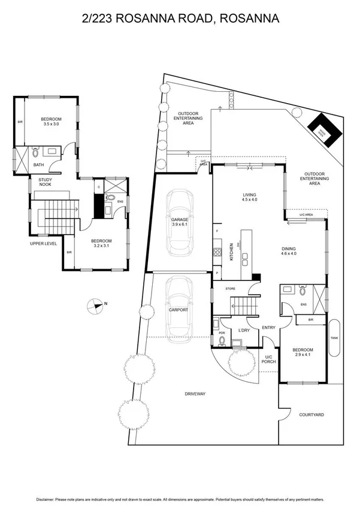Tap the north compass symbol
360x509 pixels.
[96, 305]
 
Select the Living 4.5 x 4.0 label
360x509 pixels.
[249, 197]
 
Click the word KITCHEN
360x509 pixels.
[231, 251]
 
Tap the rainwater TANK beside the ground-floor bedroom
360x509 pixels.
[334, 337]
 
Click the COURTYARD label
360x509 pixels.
[311, 414]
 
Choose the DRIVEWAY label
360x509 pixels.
[195, 394]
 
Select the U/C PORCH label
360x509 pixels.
[268, 360]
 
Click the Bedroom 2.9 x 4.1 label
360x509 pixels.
[303, 353]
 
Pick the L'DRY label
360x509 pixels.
[243, 330]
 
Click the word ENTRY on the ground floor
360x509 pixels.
[268, 327]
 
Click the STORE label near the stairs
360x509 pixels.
[230, 289]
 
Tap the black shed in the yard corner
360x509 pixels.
[324, 128]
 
